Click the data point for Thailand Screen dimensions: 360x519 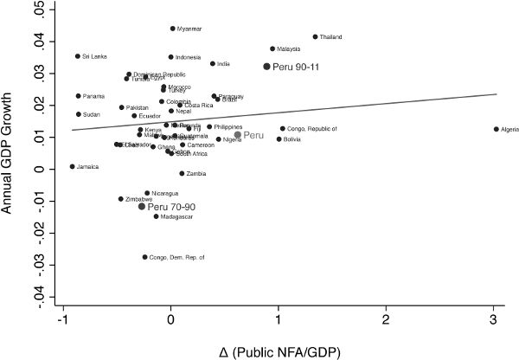click(315, 37)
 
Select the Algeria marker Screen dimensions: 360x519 click(496, 129)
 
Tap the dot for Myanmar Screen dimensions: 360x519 click(172, 29)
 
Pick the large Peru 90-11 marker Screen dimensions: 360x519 click(267, 66)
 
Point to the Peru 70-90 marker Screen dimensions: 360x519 click(142, 207)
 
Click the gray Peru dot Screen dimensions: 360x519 click(238, 135)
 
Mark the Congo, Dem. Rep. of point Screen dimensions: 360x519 click(144, 257)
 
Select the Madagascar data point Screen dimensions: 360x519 click(156, 216)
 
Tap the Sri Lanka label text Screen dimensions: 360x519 click(93, 56)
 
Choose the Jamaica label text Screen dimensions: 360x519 click(87, 166)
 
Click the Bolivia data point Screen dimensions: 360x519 click(279, 138)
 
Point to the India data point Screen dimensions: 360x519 click(213, 63)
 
